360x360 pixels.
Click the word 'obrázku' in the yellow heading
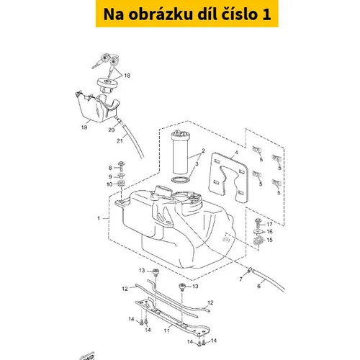[161, 14]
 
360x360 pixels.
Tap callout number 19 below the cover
[84, 127]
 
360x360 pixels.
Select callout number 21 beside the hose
[120, 140]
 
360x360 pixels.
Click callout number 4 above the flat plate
[236, 153]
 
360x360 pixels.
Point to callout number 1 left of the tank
[99, 218]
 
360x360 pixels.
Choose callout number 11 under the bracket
[166, 330]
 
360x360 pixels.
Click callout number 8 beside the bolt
[110, 168]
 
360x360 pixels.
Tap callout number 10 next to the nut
[109, 184]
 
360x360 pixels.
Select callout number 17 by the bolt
[269, 224]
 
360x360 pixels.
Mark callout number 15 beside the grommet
[269, 240]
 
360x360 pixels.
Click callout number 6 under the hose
[258, 286]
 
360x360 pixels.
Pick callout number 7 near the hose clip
[240, 279]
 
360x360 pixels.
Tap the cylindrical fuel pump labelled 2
[181, 153]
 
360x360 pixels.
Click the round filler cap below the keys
[107, 84]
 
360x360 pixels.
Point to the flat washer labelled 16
[258, 231]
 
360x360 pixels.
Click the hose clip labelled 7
[249, 270]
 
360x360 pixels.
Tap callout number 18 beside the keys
[127, 76]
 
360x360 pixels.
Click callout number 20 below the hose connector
[112, 130]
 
